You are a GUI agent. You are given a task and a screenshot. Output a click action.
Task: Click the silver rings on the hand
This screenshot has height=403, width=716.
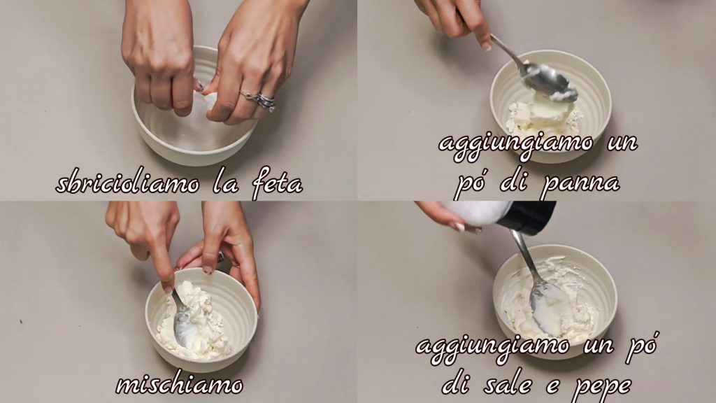[260, 99]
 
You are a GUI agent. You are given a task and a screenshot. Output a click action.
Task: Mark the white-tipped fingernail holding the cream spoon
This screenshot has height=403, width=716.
[486, 47]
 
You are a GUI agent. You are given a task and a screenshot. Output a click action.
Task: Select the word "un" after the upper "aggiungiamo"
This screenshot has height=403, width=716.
[623, 143]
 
